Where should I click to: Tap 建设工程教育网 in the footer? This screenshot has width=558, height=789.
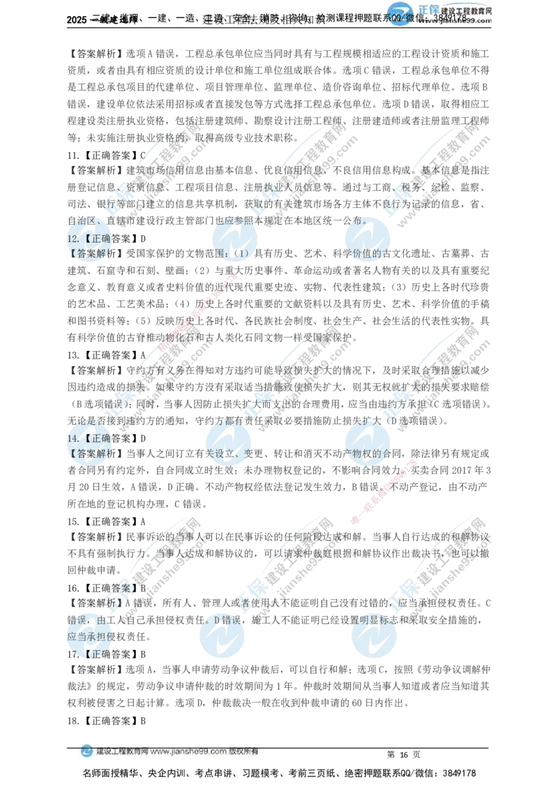[x=121, y=752]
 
